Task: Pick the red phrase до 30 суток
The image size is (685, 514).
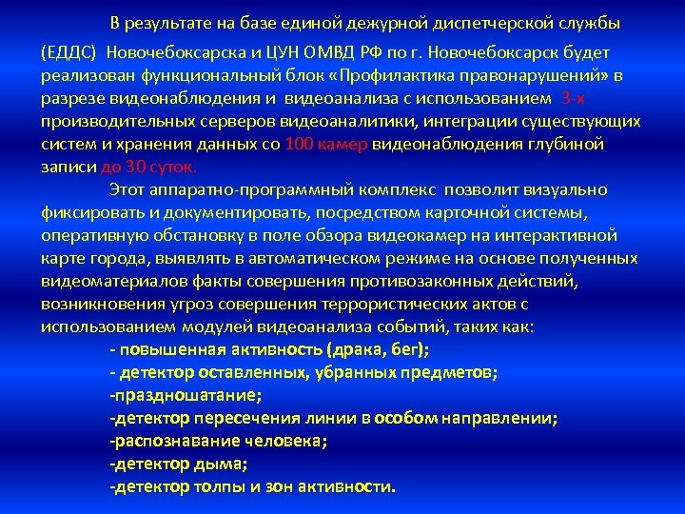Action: point(136,167)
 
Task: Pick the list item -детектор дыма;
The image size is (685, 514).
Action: point(179,464)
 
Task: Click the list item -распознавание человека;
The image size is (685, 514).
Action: point(219,441)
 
